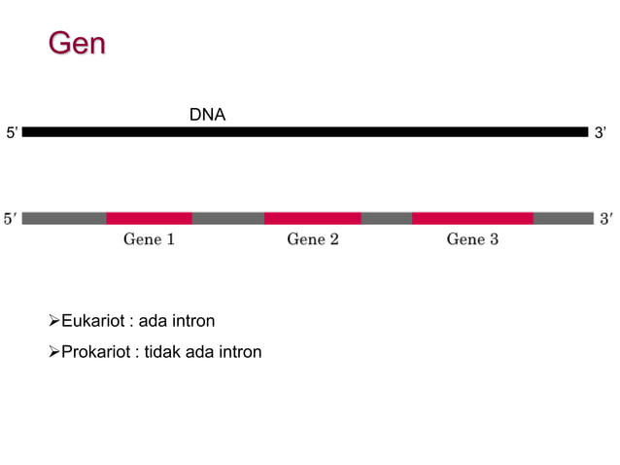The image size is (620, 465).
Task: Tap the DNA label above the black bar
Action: [207, 115]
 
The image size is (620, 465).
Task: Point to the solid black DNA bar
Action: [305, 131]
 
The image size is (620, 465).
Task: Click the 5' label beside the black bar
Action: [12, 132]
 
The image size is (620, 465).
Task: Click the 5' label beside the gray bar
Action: [10, 219]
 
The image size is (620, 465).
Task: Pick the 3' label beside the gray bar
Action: [605, 219]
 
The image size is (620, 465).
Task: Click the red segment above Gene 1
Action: [149, 218]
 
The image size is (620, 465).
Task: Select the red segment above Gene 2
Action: [312, 218]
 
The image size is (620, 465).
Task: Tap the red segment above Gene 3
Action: [472, 218]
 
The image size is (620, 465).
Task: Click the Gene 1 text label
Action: [149, 239]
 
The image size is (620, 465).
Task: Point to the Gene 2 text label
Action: [312, 239]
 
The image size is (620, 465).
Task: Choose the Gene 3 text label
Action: [472, 239]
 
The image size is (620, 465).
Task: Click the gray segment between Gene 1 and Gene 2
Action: [227, 218]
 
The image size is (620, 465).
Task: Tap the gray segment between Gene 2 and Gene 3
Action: [386, 218]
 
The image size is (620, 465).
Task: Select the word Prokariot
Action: [97, 351]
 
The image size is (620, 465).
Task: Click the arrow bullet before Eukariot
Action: [53, 321]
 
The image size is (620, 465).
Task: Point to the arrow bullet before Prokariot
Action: [53, 351]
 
